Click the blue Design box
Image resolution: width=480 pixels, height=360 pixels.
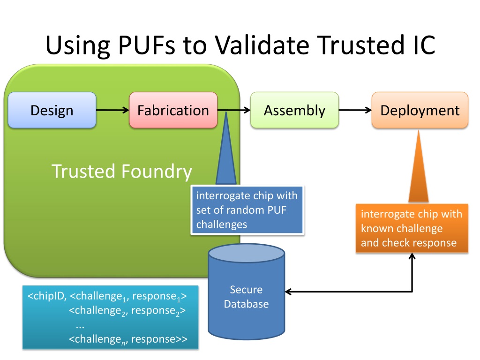pos(52,110)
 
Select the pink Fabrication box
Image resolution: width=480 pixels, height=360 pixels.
pos(173,110)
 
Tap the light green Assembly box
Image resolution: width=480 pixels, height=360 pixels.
pos(294,110)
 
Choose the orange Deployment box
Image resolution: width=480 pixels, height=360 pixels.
pos(420,110)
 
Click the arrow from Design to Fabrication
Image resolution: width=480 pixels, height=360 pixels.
pos(112,110)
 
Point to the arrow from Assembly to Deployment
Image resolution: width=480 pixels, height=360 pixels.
pos(355,110)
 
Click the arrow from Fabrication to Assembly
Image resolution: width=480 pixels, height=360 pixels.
pos(234,110)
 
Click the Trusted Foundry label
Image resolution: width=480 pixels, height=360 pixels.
pos(122,172)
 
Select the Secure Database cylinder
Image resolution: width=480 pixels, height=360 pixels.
pos(247,292)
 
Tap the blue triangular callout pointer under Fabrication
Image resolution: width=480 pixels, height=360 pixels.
pos(226,148)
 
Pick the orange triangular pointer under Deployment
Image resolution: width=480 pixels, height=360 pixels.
pos(419,166)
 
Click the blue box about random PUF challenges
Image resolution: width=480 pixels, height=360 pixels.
pos(247,210)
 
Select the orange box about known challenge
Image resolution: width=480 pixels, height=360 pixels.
pos(412,228)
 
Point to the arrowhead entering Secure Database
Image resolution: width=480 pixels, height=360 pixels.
pos(288,292)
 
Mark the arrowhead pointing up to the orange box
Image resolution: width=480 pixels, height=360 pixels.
pos(412,256)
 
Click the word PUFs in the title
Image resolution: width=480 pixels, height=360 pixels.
pos(147,45)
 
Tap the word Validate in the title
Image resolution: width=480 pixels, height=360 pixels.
pos(262,45)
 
